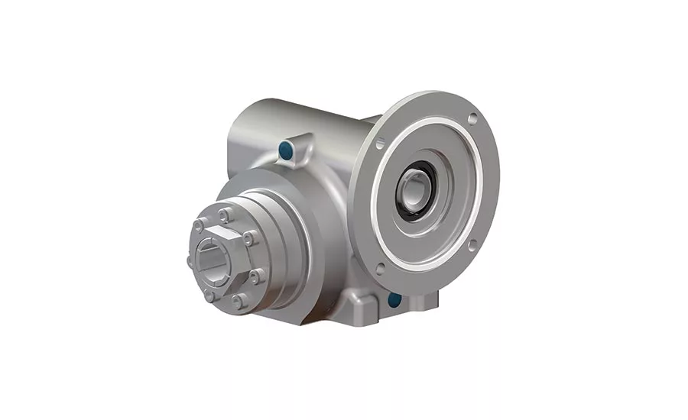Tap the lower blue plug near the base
pyautogui.click(x=395, y=299)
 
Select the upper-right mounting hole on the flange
pyautogui.click(x=473, y=118)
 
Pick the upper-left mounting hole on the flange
pyautogui.click(x=380, y=143)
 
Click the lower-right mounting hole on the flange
pyautogui.click(x=472, y=244)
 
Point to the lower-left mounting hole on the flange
pyautogui.click(x=380, y=269)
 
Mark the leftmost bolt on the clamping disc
pyautogui.click(x=190, y=261)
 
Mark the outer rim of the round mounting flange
pyautogui.click(x=489, y=183)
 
